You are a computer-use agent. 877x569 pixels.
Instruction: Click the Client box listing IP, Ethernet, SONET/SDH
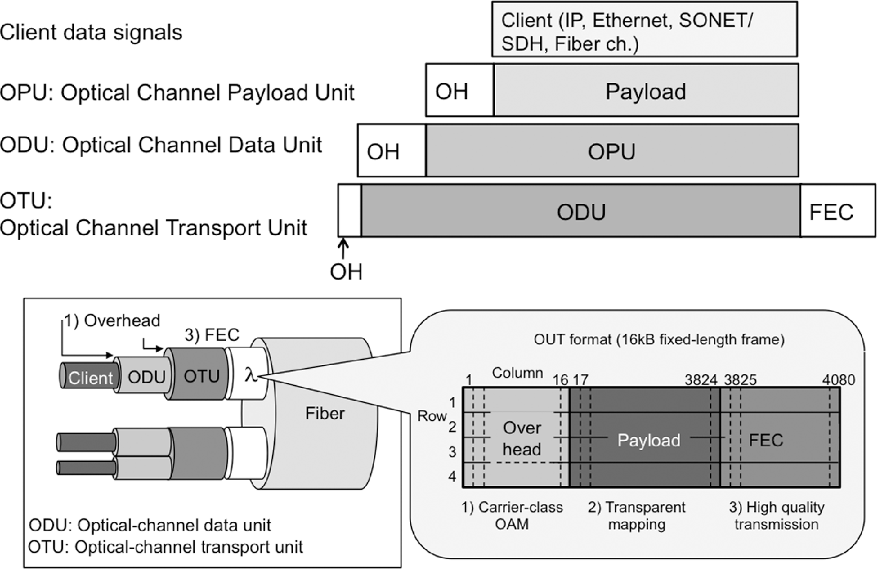tap(644, 29)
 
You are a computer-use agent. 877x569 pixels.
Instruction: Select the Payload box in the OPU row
tap(645, 92)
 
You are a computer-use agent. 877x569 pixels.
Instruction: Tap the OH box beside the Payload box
tap(459, 92)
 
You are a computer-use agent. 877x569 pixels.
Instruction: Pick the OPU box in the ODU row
tap(611, 152)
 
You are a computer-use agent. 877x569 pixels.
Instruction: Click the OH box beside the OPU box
tap(392, 152)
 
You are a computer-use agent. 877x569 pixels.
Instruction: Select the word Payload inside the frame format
tap(648, 440)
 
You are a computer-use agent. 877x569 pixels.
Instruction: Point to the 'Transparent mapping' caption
tap(637, 515)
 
